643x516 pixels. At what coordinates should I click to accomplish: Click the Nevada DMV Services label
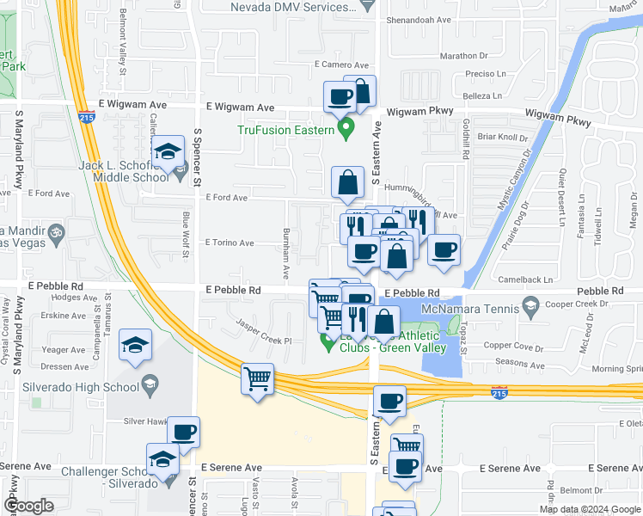pos(291,7)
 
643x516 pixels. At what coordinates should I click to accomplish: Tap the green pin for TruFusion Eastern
pos(347,131)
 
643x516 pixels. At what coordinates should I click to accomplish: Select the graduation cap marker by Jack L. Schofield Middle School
pos(168,152)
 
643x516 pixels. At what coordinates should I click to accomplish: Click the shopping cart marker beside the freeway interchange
pos(258,378)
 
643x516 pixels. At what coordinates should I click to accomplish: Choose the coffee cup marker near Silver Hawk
pos(182,432)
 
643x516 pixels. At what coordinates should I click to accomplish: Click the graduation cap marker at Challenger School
pos(162,459)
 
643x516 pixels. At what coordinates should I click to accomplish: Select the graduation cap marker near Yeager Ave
pos(135,345)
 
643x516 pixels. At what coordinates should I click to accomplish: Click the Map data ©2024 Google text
pos(590,509)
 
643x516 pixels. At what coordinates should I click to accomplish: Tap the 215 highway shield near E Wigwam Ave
pos(88,118)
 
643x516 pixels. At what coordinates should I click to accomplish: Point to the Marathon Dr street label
pos(463,56)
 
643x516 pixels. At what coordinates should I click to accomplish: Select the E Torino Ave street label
pos(229,243)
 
